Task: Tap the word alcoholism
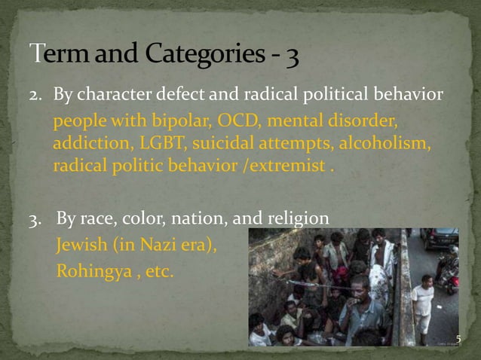point(386,144)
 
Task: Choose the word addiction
point(82,144)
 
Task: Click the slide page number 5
point(458,340)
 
